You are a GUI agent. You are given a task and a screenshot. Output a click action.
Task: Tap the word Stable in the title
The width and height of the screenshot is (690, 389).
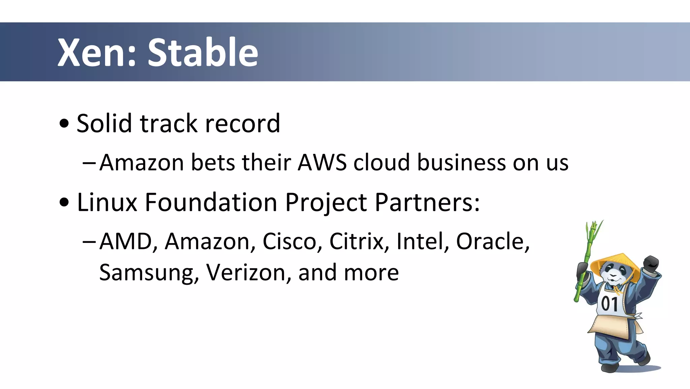coord(203,53)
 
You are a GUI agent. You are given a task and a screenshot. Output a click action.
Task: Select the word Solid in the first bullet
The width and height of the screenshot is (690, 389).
coord(104,123)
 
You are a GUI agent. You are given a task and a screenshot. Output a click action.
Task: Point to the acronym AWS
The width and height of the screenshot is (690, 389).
coord(322,163)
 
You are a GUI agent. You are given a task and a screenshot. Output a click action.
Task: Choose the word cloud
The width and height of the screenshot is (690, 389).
coord(381,163)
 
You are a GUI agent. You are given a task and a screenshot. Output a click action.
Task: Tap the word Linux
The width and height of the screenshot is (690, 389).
coord(107,202)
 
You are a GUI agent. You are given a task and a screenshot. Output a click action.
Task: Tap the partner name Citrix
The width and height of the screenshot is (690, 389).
coord(358,242)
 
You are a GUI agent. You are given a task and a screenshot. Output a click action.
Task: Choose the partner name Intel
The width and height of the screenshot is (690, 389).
coord(421,242)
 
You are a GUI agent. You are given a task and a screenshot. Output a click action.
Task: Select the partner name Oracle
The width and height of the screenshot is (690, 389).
coord(491,242)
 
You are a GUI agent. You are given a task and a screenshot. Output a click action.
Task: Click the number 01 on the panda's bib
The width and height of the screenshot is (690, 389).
coord(610,304)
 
